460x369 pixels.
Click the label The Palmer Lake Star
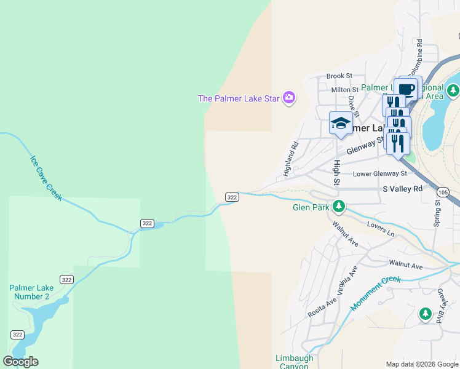(x=239, y=98)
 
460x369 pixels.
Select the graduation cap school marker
(x=341, y=122)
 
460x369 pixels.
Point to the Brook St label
(x=339, y=76)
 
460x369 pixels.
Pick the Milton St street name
(x=344, y=90)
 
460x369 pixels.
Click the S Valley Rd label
(x=403, y=189)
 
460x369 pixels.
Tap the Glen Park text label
(x=311, y=207)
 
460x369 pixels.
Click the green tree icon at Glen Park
(x=338, y=205)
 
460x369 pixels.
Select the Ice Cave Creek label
(x=46, y=177)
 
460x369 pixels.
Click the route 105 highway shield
(x=452, y=192)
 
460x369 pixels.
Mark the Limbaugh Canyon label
(x=294, y=362)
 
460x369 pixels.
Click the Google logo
(x=20, y=362)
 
